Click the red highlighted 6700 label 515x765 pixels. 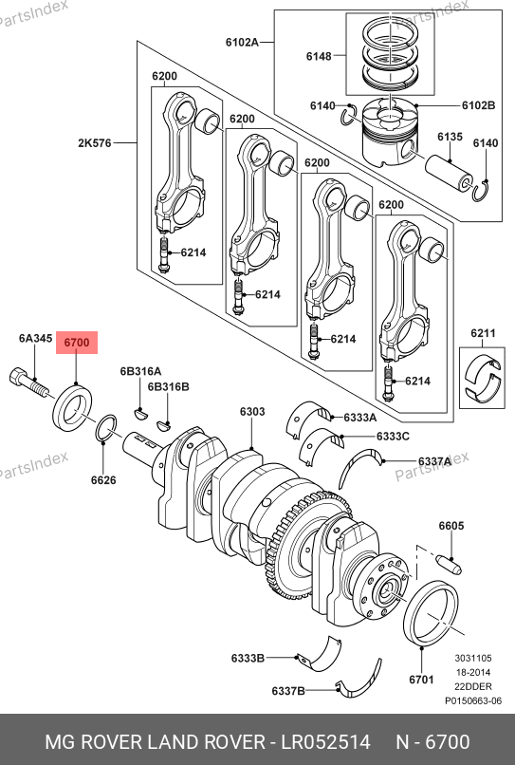point(77,343)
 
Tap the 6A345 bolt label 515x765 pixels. point(36,338)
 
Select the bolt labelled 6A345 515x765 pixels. point(28,382)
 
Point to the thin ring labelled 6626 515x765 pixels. point(106,428)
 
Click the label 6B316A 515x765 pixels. point(140,371)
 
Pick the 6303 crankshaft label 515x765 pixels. point(252,412)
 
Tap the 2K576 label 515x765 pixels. point(95,143)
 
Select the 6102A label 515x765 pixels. point(242,43)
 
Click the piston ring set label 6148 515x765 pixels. point(319,57)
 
